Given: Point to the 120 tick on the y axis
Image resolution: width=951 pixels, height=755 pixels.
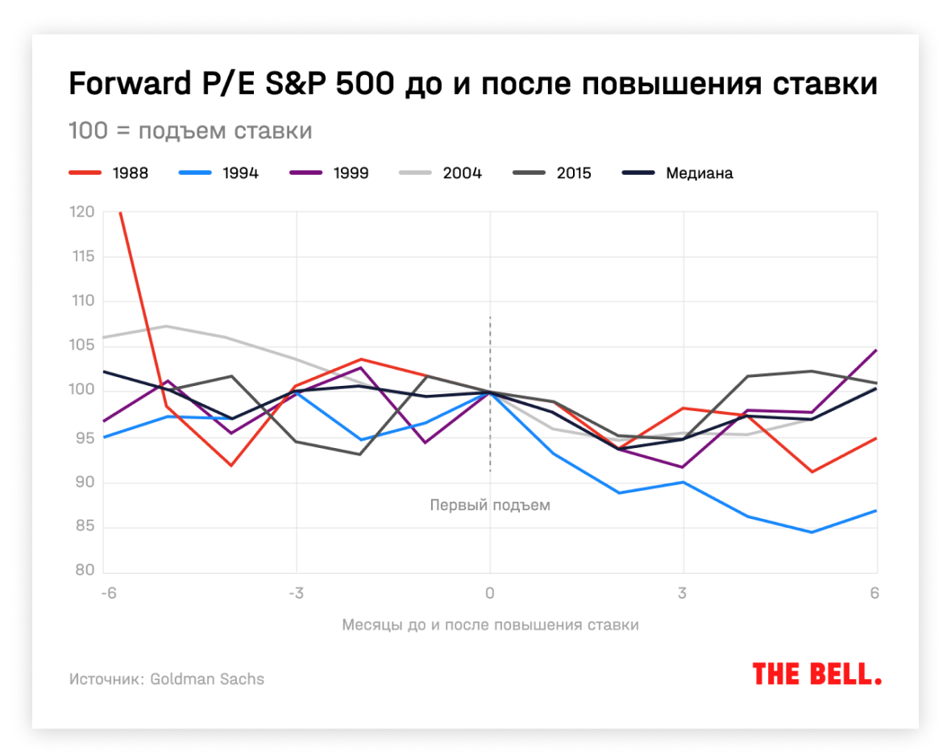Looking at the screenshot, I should [x=83, y=213].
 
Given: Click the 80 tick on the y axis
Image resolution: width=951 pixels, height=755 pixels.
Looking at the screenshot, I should [x=85, y=572].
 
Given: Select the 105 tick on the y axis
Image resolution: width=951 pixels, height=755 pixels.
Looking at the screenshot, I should [x=83, y=346].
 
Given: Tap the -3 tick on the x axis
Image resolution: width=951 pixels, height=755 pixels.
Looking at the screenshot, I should [x=295, y=594].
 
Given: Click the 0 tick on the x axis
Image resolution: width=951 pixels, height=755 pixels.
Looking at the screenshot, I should [x=490, y=594].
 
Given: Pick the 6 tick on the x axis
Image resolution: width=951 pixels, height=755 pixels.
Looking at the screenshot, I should [x=874, y=594].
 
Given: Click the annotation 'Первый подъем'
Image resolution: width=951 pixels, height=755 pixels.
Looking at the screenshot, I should [x=490, y=506].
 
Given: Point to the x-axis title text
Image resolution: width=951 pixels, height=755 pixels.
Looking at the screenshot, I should [x=490, y=625].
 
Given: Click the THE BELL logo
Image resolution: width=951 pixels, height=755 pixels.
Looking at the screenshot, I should [x=816, y=674].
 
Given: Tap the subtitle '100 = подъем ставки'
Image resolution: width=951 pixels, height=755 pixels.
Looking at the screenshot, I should [x=190, y=131].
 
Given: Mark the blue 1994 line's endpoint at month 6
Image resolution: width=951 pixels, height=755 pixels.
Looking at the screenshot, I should [x=876, y=511].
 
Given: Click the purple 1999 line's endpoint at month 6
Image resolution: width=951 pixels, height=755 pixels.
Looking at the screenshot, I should [x=876, y=351].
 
